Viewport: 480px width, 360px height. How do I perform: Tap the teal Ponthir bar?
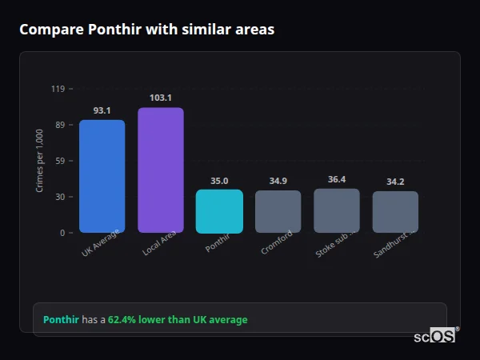(219, 211)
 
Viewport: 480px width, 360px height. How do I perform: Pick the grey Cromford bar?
(278, 212)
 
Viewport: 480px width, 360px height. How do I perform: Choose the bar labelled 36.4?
(337, 211)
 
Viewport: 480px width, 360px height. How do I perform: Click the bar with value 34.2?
(395, 212)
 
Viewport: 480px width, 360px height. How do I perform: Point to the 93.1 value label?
(102, 110)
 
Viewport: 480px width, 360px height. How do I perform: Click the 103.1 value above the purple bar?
(160, 98)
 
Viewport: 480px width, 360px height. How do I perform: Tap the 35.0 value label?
(219, 181)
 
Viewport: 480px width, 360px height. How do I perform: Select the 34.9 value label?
(278, 182)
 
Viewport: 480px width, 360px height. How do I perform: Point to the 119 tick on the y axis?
(58, 89)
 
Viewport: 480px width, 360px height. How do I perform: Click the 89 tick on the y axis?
(59, 125)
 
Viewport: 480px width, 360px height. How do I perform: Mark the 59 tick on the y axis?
(59, 161)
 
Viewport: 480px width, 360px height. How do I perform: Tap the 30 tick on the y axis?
(59, 197)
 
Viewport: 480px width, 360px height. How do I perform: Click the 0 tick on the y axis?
(62, 233)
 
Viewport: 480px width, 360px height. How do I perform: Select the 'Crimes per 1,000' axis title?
(40, 161)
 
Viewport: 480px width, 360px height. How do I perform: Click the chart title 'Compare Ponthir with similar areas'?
(146, 30)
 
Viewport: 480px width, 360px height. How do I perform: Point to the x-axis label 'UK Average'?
(101, 244)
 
